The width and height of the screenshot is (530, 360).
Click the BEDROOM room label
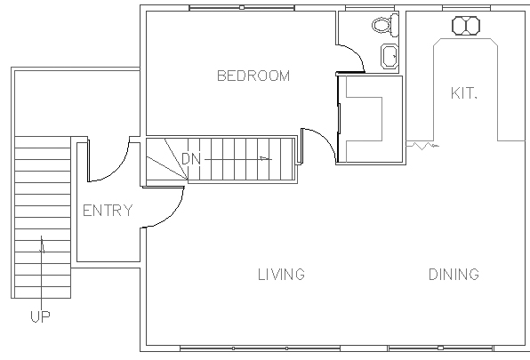click(x=253, y=76)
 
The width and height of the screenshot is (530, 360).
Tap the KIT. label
click(x=464, y=92)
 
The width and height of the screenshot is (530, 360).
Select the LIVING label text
click(x=281, y=274)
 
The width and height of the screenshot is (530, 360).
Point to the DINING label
click(x=454, y=274)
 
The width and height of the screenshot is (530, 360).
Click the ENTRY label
click(x=108, y=211)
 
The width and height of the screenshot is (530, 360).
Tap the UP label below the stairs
click(x=40, y=316)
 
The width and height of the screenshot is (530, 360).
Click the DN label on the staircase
click(x=191, y=159)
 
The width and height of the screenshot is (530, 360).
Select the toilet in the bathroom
click(x=385, y=25)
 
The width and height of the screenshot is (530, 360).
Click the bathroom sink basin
click(x=389, y=56)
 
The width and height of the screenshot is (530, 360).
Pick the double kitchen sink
click(x=466, y=26)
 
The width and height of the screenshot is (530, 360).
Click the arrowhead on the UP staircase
click(x=42, y=244)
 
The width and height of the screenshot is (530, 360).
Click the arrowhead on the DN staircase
click(x=265, y=158)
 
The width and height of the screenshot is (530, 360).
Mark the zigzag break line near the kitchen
click(x=422, y=146)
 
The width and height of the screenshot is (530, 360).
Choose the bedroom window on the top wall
click(x=242, y=8)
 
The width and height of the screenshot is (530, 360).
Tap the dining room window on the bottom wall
click(x=440, y=348)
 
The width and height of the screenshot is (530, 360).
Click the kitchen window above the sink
click(x=466, y=8)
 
